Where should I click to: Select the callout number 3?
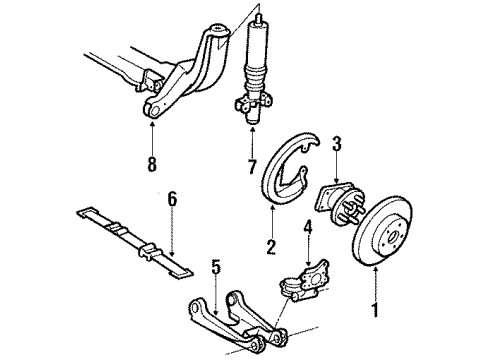(337, 144)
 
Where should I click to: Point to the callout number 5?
(215, 267)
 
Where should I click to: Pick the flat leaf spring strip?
(130, 245)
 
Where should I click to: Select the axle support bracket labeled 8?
(185, 75)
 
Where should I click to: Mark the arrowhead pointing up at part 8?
(151, 125)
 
